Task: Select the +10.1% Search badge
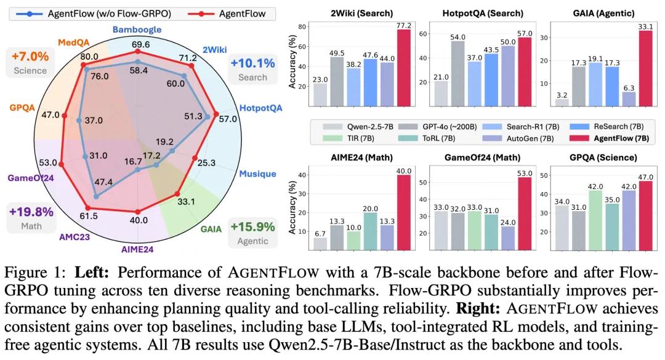coord(252,70)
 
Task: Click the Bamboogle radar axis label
coord(137,29)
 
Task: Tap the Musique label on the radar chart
coord(257,174)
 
